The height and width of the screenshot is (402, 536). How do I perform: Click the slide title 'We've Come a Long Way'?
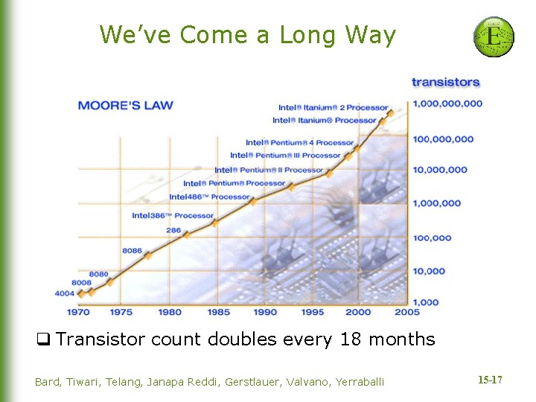(248, 35)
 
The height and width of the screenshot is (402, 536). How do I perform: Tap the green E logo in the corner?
(494, 36)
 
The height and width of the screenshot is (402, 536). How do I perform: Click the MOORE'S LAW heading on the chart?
(125, 105)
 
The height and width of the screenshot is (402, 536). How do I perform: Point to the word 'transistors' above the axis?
(446, 82)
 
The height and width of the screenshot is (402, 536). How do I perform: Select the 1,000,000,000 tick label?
(447, 103)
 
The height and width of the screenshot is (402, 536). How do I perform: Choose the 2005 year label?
(407, 312)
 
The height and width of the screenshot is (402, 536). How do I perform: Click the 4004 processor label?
(66, 293)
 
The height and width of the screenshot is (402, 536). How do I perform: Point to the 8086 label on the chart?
(133, 251)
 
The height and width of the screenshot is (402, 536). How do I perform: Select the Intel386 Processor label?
(173, 216)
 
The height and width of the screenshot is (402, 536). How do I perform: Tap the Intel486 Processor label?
(209, 197)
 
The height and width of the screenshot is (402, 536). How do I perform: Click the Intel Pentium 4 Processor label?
(300, 142)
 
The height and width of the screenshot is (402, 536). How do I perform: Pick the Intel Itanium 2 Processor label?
(334, 108)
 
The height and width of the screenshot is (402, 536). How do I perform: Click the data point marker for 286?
(185, 234)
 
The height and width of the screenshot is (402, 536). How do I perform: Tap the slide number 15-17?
(489, 380)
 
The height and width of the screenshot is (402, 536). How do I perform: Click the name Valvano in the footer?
(302, 382)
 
